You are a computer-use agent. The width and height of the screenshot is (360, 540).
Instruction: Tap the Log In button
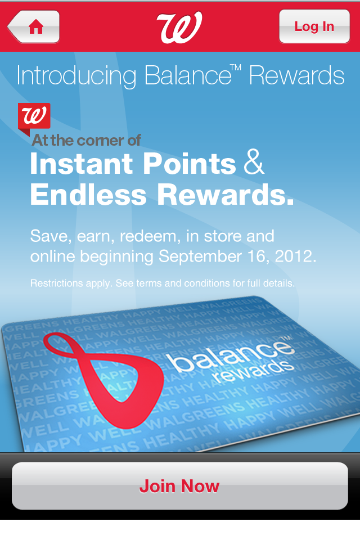[x=314, y=26]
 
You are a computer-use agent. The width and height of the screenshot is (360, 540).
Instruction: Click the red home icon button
[x=33, y=26]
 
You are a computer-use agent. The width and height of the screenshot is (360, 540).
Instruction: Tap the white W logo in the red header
[x=179, y=27]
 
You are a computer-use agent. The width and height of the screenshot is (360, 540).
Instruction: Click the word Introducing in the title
[x=76, y=76]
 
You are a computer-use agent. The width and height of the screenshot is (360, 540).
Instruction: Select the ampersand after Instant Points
[x=254, y=162]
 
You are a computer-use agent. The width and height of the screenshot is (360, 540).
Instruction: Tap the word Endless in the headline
[x=88, y=195]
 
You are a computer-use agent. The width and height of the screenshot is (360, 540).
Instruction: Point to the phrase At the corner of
[x=86, y=140]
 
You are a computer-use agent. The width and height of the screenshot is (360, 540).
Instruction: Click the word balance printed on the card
[x=229, y=355]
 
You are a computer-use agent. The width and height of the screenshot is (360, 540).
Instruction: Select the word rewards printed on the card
[x=253, y=371]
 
